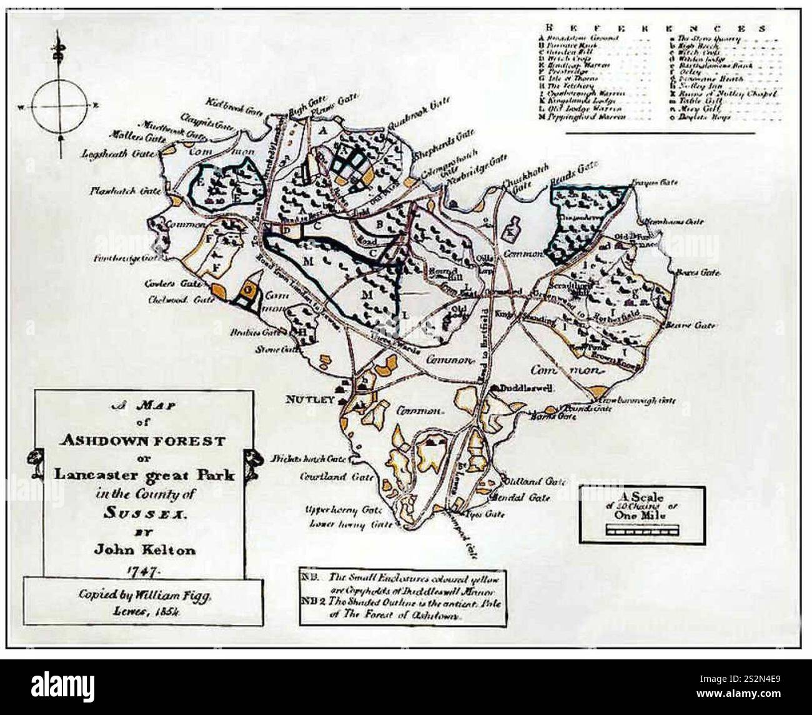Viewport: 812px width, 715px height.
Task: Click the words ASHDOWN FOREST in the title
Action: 143,440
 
